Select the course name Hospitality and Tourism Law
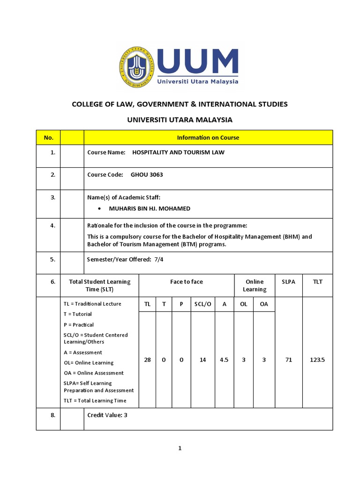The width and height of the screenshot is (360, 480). click(x=179, y=152)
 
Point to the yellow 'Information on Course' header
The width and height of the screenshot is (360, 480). click(x=208, y=138)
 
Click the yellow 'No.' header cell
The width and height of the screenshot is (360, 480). click(x=48, y=138)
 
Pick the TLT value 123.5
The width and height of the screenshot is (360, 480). click(x=317, y=360)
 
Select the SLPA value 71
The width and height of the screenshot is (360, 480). click(x=289, y=360)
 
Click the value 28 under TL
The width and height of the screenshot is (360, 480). click(x=147, y=360)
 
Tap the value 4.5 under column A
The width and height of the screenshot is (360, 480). click(x=224, y=360)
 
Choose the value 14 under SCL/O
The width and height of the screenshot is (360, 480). click(x=203, y=360)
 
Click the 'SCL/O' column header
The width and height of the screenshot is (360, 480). click(x=203, y=304)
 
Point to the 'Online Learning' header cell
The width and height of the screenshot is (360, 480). click(x=255, y=285)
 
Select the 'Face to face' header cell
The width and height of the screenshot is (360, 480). click(x=187, y=282)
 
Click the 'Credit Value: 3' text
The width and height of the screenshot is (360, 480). click(x=107, y=415)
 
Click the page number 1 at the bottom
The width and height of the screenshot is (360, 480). click(x=180, y=448)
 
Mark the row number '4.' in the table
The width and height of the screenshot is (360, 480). click(x=53, y=225)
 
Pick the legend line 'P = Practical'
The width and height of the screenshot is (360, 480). click(x=79, y=325)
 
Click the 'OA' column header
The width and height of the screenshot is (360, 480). click(x=264, y=304)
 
